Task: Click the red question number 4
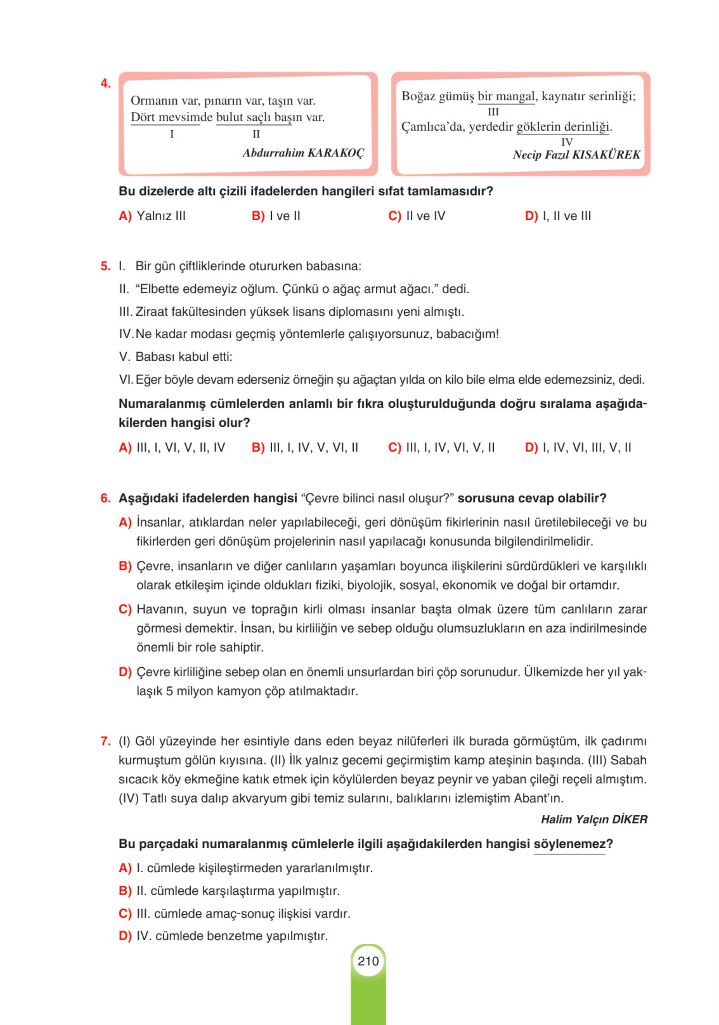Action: (105, 83)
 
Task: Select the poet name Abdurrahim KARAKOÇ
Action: (303, 153)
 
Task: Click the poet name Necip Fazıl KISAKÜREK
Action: (576, 155)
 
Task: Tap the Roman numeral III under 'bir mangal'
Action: (493, 112)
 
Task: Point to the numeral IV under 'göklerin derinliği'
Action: (566, 142)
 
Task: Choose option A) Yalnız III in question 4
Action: (152, 216)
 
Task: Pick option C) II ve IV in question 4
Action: (416, 216)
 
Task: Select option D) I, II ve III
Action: (558, 216)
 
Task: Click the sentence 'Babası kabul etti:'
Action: (183, 357)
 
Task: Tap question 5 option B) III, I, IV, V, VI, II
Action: (305, 447)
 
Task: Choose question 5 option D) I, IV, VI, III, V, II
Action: (578, 447)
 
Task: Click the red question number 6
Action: (105, 498)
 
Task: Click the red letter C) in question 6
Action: (125, 609)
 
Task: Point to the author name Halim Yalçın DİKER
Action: (593, 819)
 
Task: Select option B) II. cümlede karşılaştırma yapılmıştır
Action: (229, 891)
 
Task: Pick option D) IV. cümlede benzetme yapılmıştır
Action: (223, 936)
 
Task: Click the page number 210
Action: (368, 961)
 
